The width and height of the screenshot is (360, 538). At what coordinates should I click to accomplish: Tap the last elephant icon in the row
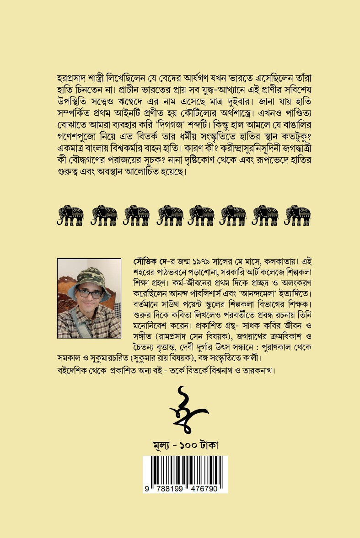(298, 215)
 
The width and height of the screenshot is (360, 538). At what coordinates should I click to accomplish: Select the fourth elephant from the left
(170, 215)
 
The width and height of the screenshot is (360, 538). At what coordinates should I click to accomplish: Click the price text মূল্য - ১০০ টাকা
(185, 444)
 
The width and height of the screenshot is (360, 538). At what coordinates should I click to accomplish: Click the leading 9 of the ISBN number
(147, 489)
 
